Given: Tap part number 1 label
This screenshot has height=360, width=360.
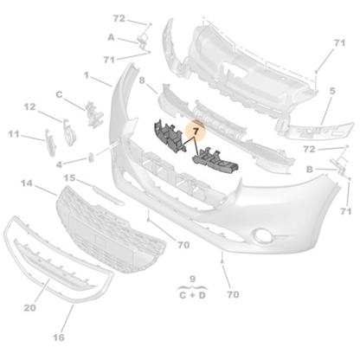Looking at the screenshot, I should pyautogui.click(x=87, y=76).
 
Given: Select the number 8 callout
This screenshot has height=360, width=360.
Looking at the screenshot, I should pyautogui.click(x=141, y=80).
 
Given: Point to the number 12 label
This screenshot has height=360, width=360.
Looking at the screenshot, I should pyautogui.click(x=29, y=107).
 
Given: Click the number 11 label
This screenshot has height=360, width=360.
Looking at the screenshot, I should pyautogui.click(x=14, y=134).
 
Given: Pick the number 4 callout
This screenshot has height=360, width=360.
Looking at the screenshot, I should pyautogui.click(x=59, y=164).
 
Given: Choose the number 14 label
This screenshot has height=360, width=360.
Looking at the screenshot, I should pyautogui.click(x=26, y=183).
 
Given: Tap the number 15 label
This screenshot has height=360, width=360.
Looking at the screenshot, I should pyautogui.click(x=71, y=178).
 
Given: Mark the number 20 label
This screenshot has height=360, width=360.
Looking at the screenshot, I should pyautogui.click(x=29, y=308).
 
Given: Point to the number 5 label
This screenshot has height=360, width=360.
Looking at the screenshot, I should pyautogui.click(x=332, y=90).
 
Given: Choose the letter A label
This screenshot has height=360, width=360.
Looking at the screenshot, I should pyautogui.click(x=111, y=37).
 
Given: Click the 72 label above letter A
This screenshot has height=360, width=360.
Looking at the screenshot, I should pyautogui.click(x=119, y=17).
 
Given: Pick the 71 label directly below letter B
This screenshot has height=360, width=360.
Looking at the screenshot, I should pyautogui.click(x=345, y=211).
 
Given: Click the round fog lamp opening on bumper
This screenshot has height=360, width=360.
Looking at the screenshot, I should pyautogui.click(x=261, y=234).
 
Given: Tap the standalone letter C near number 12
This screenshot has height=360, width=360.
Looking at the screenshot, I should pyautogui.click(x=59, y=93).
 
